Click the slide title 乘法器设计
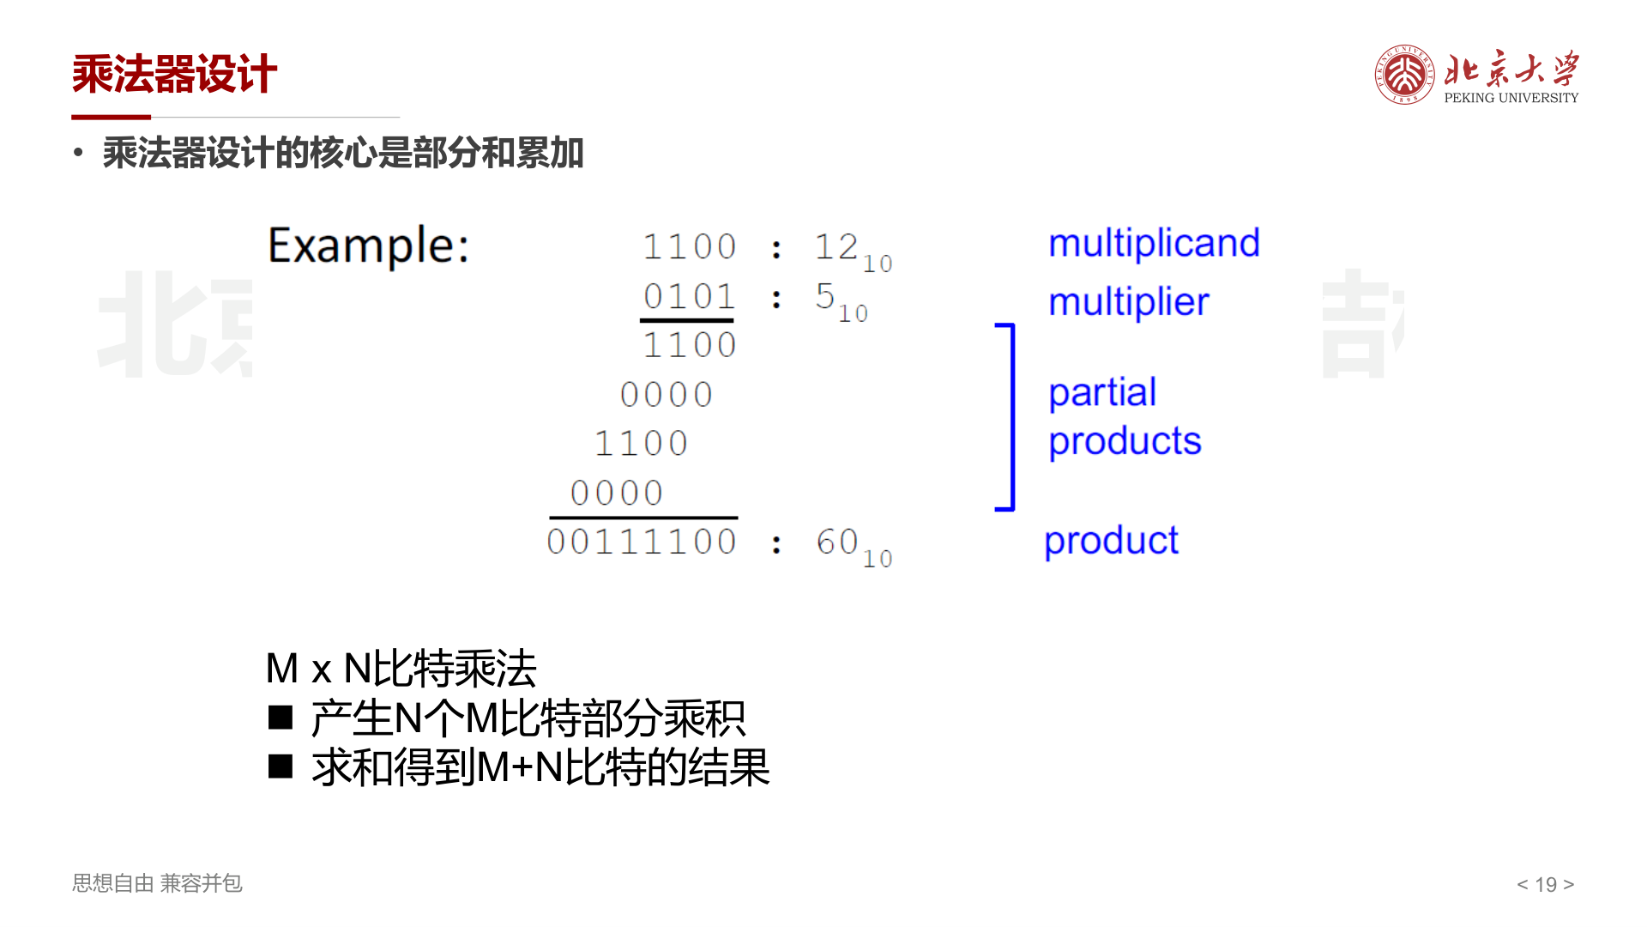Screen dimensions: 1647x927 (174, 74)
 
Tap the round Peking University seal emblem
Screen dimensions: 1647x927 (1404, 75)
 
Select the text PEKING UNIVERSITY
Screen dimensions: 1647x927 (1511, 98)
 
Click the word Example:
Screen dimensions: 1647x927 (369, 246)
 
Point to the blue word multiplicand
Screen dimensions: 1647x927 (1154, 243)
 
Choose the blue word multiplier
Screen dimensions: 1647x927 (1128, 302)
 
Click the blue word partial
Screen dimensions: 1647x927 (1102, 393)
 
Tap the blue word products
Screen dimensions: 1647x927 (1125, 442)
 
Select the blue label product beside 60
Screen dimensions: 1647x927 (1111, 542)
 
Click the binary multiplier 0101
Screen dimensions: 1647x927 (690, 297)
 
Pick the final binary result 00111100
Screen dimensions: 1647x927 (642, 542)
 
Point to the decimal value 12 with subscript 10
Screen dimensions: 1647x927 (853, 251)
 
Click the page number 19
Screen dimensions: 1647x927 (1546, 884)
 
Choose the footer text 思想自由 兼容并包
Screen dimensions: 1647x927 (157, 883)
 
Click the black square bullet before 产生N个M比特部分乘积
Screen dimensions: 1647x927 (281, 718)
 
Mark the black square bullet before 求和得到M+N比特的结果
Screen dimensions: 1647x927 (281, 766)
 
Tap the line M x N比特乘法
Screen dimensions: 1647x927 (401, 669)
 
